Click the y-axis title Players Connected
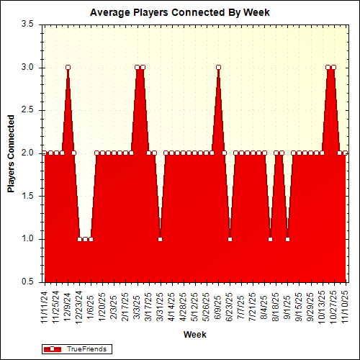(12, 153)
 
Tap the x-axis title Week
(195, 335)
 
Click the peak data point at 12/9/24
(68, 67)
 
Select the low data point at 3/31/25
(160, 239)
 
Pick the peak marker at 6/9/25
(218, 67)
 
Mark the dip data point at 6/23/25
(230, 239)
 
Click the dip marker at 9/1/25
(287, 239)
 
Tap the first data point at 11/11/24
(45, 153)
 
